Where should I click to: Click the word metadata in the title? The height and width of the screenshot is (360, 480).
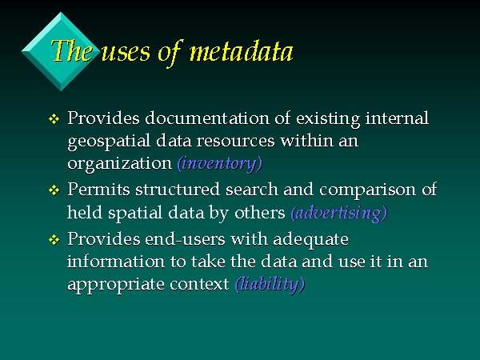242,51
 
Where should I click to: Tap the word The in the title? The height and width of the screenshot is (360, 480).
72,51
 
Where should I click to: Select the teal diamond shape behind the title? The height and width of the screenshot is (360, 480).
61,51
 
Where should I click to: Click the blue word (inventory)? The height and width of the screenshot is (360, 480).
220,163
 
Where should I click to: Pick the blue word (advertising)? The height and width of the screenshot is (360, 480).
339,213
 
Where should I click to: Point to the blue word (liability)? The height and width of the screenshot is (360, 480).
270,284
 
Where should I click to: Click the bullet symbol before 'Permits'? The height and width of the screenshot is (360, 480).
54,190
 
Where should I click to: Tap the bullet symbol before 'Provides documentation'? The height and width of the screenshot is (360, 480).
54,118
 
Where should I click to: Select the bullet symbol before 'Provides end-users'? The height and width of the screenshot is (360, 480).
54,239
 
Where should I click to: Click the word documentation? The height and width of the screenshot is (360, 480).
207,118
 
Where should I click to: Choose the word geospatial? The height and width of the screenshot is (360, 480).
109,142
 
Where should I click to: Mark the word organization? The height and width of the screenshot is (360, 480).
120,164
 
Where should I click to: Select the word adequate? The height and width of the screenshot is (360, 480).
310,240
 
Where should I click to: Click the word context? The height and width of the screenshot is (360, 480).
199,284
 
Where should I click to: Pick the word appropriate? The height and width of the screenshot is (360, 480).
116,285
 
